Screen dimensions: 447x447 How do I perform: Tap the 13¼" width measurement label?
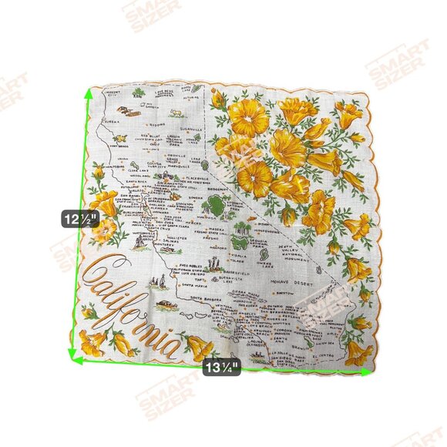click(222, 367)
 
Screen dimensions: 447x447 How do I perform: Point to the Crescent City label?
click(115, 93)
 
